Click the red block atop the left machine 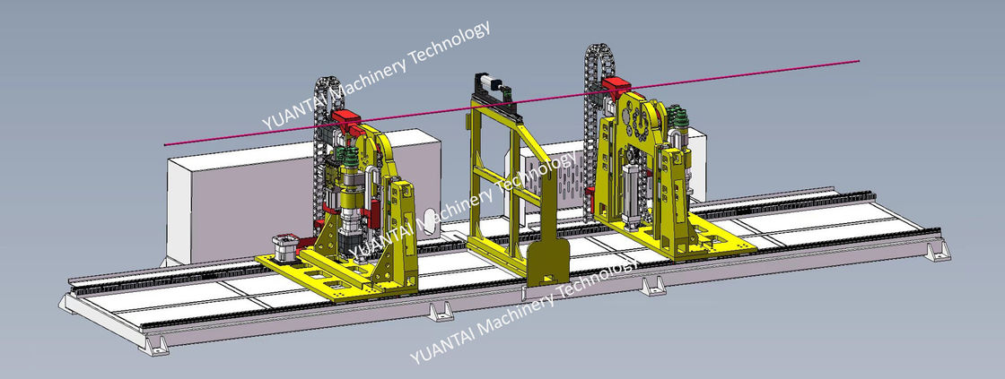coord(347,117)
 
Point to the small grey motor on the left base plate coord(284,248)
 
